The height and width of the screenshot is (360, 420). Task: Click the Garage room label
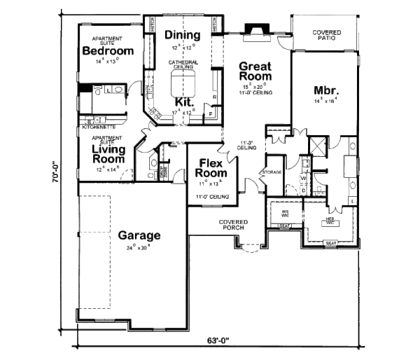coord(139,235)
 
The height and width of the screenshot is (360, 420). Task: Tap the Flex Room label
coord(211,168)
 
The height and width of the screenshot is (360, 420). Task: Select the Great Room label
coord(255,71)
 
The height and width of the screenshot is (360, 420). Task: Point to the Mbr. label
coord(326,90)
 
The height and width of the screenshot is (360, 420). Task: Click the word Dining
coord(183,35)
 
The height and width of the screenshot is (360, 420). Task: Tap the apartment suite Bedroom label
coord(108,51)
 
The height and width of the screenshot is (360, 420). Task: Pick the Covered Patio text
coord(326,35)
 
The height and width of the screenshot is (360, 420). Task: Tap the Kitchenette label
coord(99,127)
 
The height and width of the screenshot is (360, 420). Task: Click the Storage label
coord(272,172)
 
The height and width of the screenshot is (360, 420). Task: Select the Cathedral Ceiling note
coord(183,64)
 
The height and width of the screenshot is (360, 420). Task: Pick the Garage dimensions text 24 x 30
coord(139,247)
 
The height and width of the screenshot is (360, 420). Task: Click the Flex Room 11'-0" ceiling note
coord(211,197)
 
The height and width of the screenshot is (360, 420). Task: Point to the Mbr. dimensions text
coord(326,101)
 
